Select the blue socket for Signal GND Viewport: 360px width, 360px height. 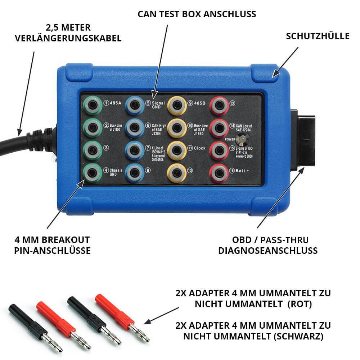[135, 105]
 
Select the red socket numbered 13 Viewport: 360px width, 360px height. [219, 105]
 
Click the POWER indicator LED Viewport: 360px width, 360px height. [242, 140]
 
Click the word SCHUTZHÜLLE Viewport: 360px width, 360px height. [318, 36]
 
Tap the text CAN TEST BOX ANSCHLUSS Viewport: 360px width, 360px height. [197, 14]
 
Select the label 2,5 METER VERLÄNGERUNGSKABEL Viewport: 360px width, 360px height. [68, 33]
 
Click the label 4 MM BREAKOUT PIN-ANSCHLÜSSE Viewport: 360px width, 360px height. [52, 245]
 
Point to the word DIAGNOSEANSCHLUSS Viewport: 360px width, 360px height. [268, 251]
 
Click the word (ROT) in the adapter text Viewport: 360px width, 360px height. [300, 304]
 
